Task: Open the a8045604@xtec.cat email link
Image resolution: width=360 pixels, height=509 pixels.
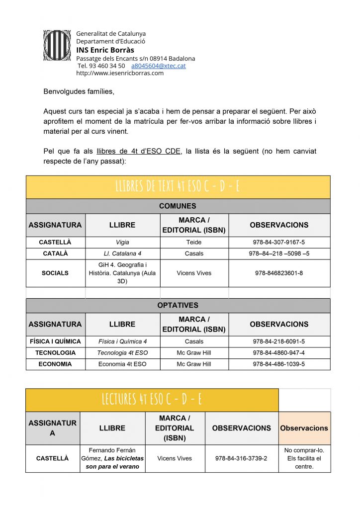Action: [x=158, y=66]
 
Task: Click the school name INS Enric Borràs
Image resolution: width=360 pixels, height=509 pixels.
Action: [x=105, y=50]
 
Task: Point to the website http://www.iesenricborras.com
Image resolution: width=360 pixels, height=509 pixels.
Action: [x=120, y=73]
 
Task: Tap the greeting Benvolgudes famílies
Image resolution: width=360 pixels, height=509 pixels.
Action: [x=79, y=91]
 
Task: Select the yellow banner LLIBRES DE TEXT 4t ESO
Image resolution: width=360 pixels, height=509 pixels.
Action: [x=178, y=186]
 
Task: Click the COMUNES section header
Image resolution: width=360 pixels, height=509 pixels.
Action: [x=178, y=206]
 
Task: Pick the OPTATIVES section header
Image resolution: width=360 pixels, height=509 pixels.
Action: [x=178, y=305]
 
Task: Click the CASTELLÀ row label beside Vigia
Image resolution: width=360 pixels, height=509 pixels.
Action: [x=55, y=242]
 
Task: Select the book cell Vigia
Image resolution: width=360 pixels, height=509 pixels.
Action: [x=122, y=242]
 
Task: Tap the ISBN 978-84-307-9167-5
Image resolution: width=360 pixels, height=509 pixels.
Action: [x=279, y=242]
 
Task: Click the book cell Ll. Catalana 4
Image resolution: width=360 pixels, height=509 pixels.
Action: [x=122, y=254]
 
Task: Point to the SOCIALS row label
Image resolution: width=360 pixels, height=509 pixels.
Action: [x=55, y=273]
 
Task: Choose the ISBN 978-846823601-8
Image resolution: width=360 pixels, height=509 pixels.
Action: [x=279, y=273]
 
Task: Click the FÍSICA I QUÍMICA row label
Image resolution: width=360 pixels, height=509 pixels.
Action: [x=55, y=341]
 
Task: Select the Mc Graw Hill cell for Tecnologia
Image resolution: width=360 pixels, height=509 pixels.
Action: [x=194, y=353]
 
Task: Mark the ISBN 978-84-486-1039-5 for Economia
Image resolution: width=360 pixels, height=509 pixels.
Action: [x=279, y=364]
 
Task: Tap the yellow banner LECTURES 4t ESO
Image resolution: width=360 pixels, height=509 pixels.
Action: [x=152, y=399]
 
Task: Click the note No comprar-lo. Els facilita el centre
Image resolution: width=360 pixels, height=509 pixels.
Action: [x=304, y=458]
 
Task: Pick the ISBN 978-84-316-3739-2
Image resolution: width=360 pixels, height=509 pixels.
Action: [x=242, y=458]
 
